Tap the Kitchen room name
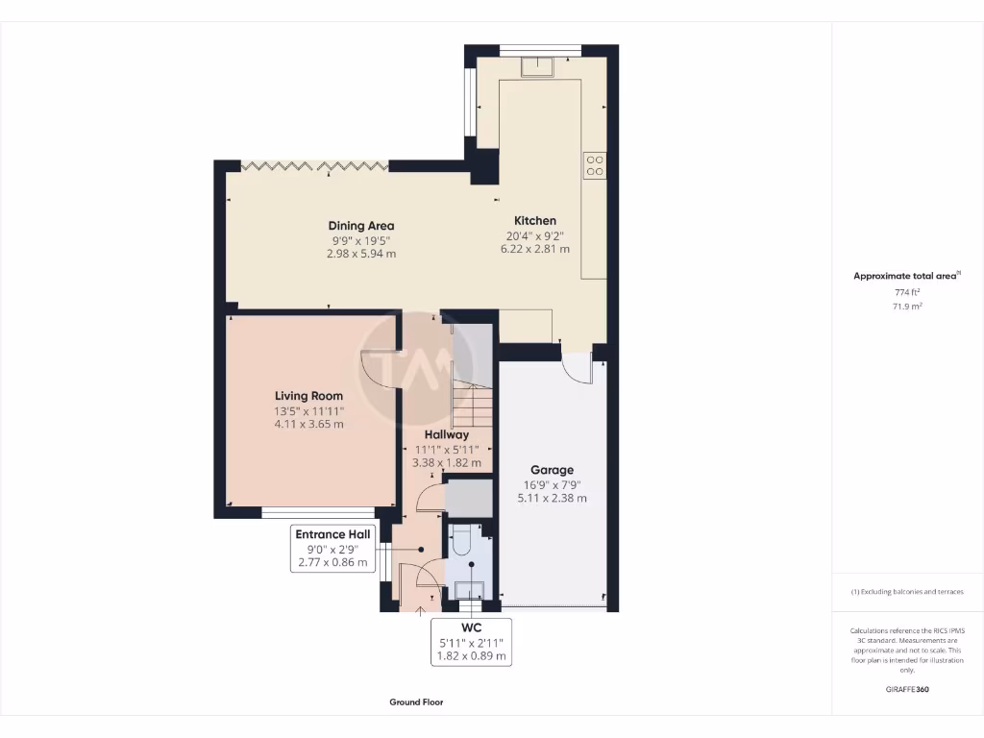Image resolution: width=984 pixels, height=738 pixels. tap(534, 220)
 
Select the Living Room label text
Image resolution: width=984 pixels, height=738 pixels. tap(308, 396)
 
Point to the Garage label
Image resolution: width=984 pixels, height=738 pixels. tap(552, 471)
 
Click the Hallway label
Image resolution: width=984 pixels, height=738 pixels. tap(446, 434)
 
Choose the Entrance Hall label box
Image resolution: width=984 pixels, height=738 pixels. tap(332, 534)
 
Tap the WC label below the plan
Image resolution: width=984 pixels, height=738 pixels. tap(471, 628)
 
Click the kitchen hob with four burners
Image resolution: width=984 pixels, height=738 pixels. tap(594, 165)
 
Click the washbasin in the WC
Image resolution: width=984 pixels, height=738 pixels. tap(469, 589)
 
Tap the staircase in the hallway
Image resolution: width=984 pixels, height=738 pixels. tap(471, 404)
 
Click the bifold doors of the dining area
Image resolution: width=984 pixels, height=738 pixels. tap(313, 167)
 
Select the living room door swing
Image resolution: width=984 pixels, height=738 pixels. tap(378, 370)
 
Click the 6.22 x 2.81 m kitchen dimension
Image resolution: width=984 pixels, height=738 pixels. tap(534, 249)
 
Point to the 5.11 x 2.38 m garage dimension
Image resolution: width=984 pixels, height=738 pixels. tap(552, 499)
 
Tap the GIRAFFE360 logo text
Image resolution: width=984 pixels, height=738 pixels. tap(907, 689)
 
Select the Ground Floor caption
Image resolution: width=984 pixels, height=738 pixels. tap(416, 702)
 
